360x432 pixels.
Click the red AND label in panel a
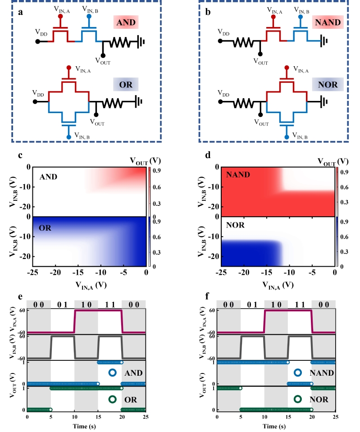click(126, 22)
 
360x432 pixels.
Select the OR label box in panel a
click(126, 85)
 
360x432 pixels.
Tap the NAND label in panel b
click(328, 22)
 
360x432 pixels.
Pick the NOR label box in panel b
click(328, 85)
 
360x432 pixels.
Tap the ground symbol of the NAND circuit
click(324, 41)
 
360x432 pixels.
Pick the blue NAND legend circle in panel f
click(297, 373)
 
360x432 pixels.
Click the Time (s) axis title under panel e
click(87, 425)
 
